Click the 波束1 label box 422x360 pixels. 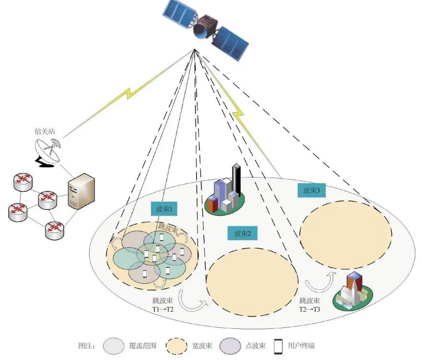pos(164,209)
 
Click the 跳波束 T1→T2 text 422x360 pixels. pos(163,305)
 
